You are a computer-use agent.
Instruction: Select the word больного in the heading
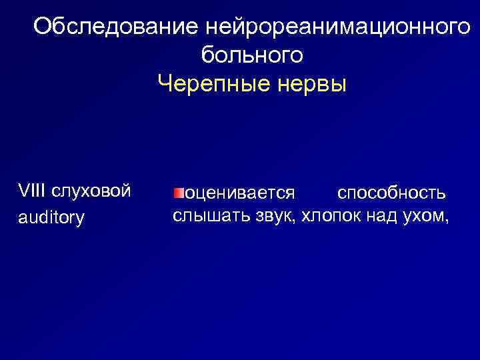pyautogui.click(x=252, y=56)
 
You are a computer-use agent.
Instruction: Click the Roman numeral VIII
pyautogui.click(x=31, y=191)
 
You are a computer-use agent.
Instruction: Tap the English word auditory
pyautogui.click(x=51, y=217)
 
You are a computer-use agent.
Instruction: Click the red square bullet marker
pyautogui.click(x=178, y=193)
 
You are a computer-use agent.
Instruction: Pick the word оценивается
pyautogui.click(x=239, y=193)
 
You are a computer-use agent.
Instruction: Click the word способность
pyautogui.click(x=391, y=193)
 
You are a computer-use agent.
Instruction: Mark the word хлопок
pyautogui.click(x=331, y=216)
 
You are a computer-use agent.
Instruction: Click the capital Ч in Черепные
pyautogui.click(x=165, y=85)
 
